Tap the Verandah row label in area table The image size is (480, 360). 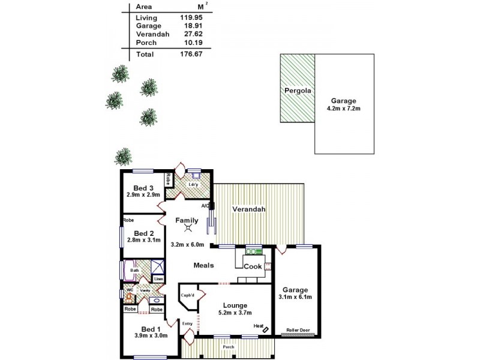pyautogui.click(x=152, y=35)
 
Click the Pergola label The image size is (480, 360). pyautogui.click(x=297, y=91)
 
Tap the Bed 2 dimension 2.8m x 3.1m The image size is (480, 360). pyautogui.click(x=144, y=241)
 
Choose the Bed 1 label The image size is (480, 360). pyautogui.click(x=151, y=328)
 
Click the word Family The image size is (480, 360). pyautogui.click(x=186, y=220)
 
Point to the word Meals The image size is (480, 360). pyautogui.click(x=204, y=265)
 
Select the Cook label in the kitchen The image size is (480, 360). pyautogui.click(x=253, y=266)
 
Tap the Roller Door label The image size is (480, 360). pyautogui.click(x=298, y=329)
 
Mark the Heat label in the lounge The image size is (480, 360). pyautogui.click(x=259, y=326)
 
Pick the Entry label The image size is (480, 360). pyautogui.click(x=188, y=324)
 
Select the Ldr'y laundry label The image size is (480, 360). pyautogui.click(x=193, y=184)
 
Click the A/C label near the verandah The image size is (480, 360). pyautogui.click(x=205, y=206)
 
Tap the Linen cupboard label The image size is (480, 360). pyautogui.click(x=158, y=279)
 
